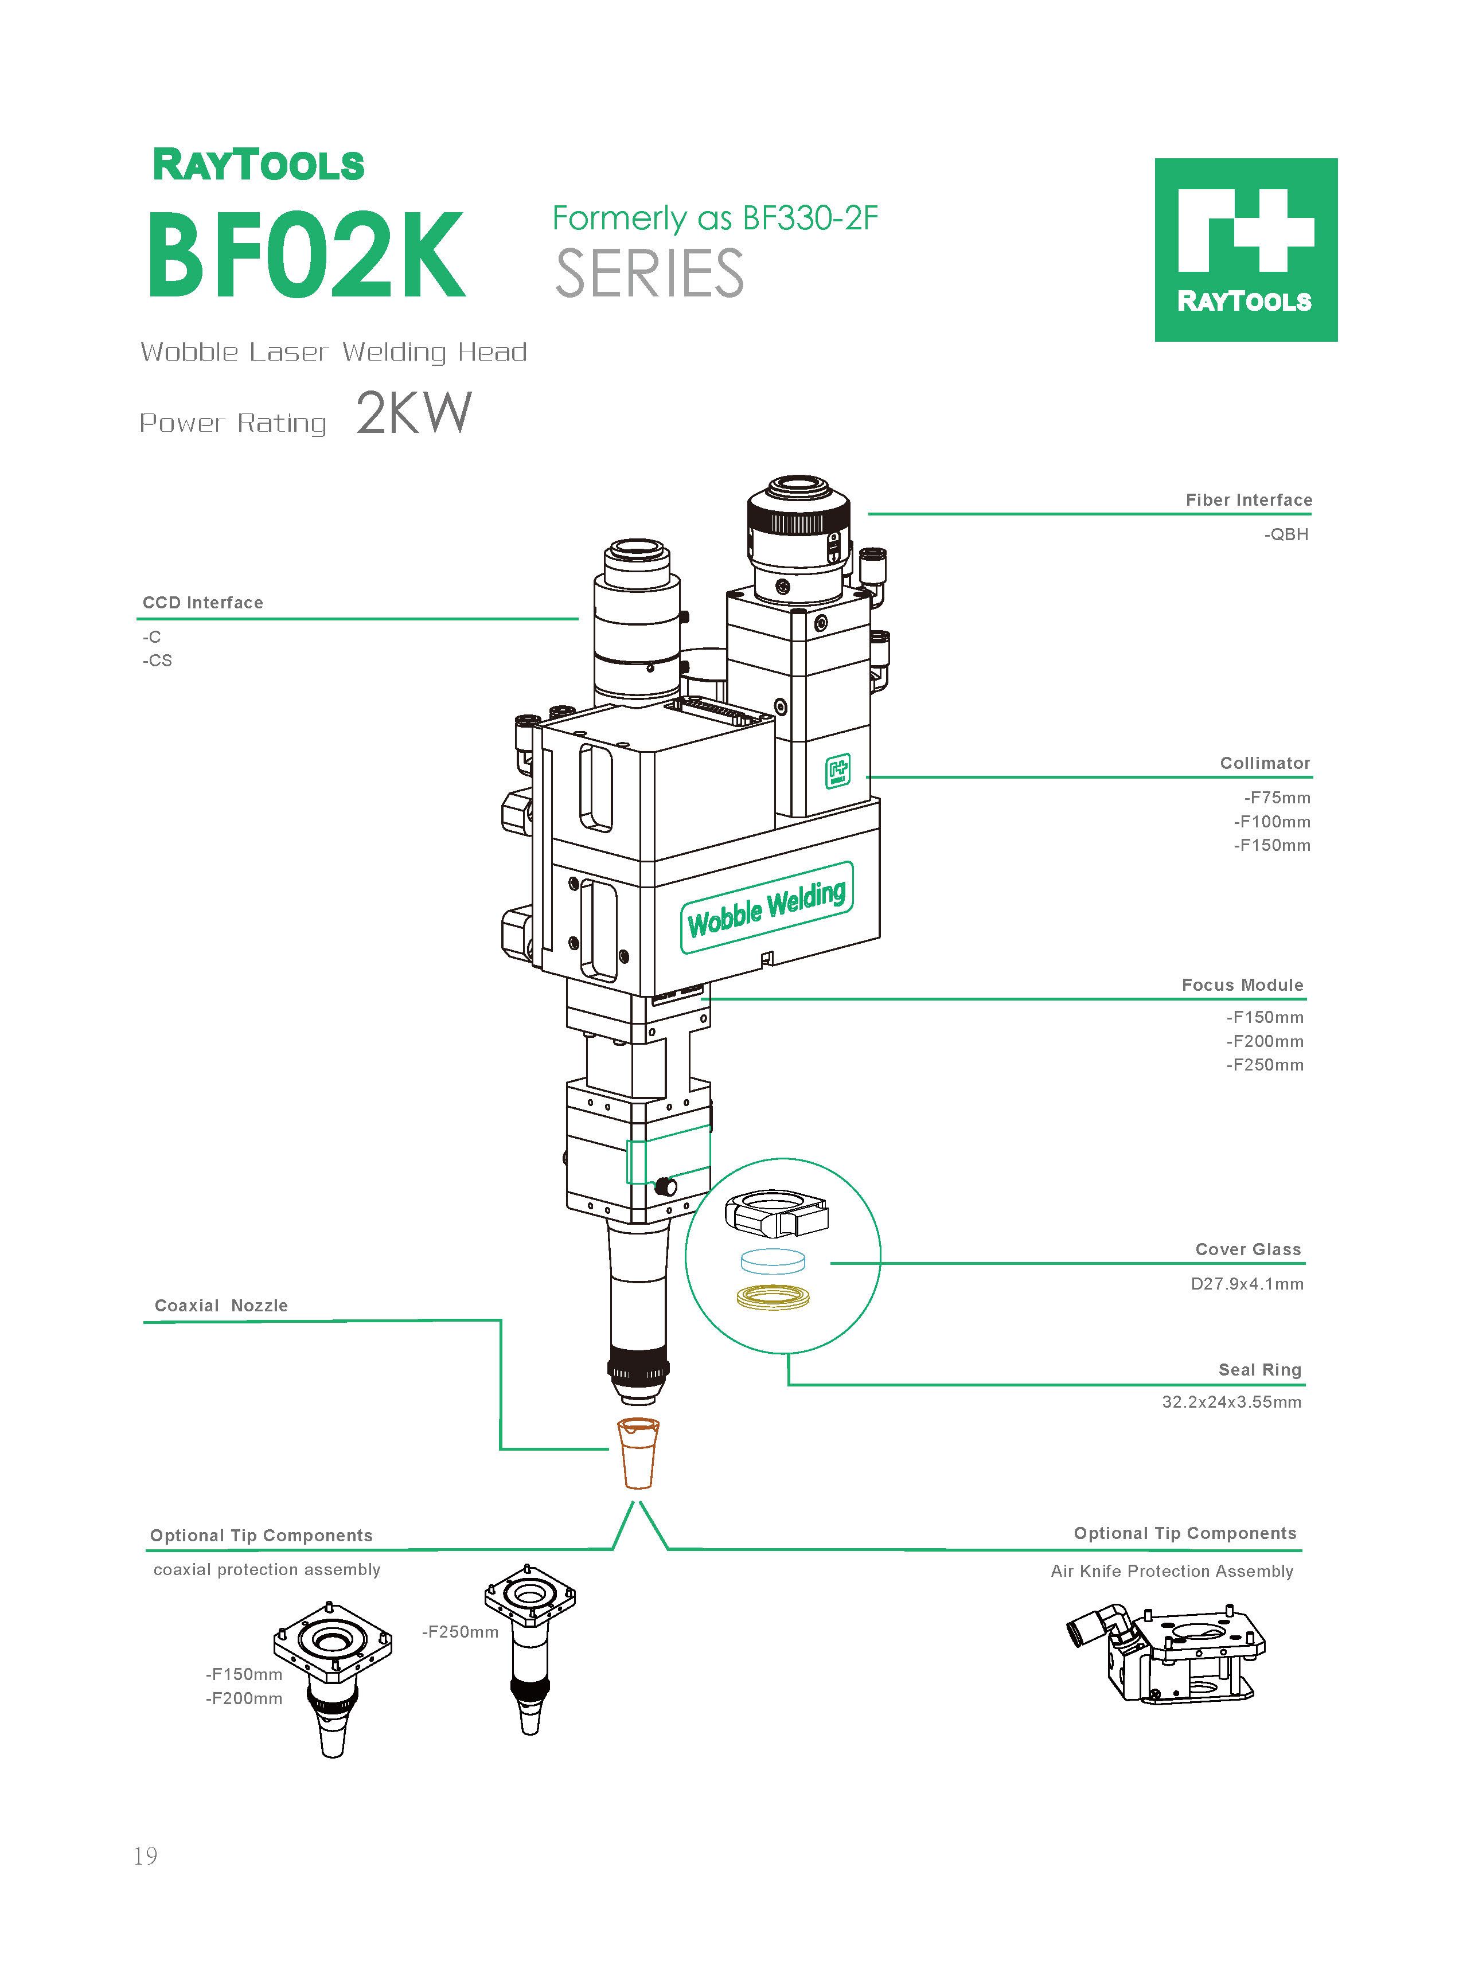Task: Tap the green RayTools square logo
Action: tap(1245, 250)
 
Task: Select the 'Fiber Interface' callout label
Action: tap(1248, 499)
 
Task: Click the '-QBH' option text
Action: tap(1285, 534)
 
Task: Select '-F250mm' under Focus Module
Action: tap(1264, 1065)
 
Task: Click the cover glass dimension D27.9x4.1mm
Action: tap(1246, 1283)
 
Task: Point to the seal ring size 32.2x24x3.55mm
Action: tap(1231, 1402)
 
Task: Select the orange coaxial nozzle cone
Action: tap(638, 1452)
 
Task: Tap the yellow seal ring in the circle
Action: tap(775, 1297)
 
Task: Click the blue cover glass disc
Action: tap(774, 1260)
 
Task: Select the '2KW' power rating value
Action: tap(413, 413)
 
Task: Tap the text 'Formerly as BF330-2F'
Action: tap(715, 218)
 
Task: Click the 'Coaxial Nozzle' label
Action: tap(221, 1306)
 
